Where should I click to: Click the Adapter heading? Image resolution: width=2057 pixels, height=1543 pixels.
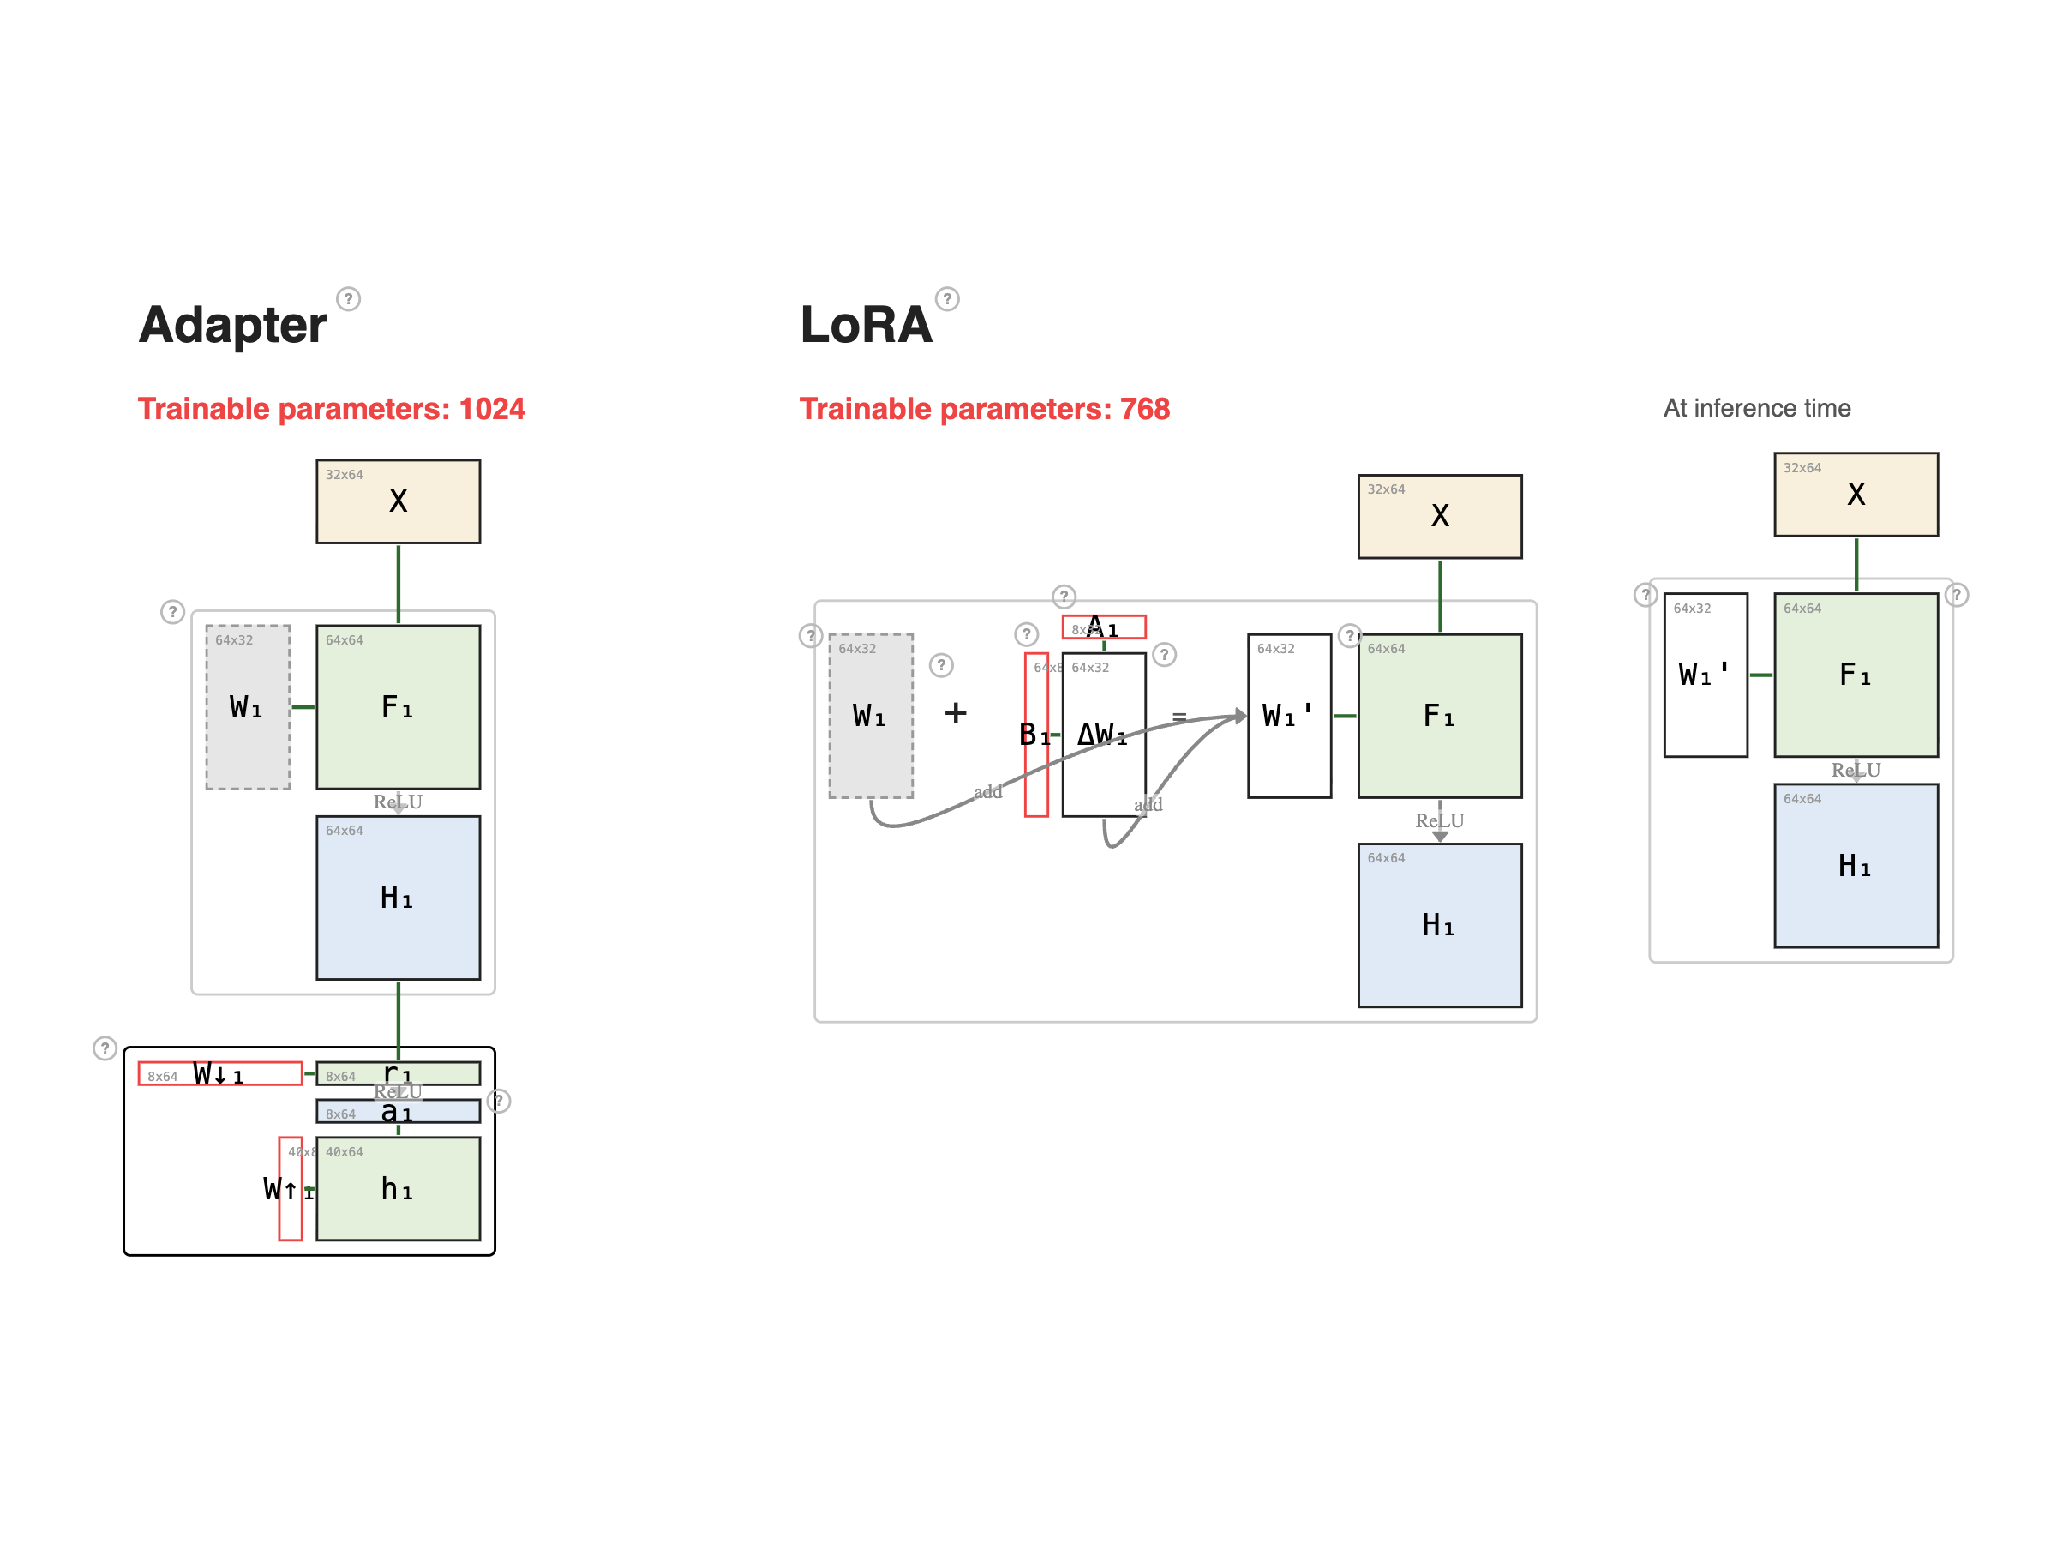(232, 325)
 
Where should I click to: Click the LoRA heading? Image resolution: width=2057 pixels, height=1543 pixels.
(865, 325)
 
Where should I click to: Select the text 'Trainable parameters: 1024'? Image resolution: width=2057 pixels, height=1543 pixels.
(331, 409)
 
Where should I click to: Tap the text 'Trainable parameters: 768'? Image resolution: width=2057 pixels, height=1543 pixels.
(984, 409)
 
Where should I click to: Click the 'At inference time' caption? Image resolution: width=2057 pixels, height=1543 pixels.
(1757, 408)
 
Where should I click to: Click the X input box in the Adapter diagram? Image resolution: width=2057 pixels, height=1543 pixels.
(398, 501)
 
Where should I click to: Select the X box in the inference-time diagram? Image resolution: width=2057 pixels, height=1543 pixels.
(1856, 495)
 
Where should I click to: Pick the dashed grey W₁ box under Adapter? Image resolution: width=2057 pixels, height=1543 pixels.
(248, 707)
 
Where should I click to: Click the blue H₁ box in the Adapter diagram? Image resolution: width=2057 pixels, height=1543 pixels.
(398, 898)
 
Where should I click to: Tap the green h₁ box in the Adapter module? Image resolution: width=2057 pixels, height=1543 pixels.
(398, 1189)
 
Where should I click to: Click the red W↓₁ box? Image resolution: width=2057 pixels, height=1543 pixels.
(220, 1074)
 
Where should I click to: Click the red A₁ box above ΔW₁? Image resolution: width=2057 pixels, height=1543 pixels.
(1104, 627)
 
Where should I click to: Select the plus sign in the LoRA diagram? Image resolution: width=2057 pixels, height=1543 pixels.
(955, 713)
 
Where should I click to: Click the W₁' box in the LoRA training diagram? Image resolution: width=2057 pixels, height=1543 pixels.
(1289, 716)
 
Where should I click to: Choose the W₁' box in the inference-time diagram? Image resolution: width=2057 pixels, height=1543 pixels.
(1705, 675)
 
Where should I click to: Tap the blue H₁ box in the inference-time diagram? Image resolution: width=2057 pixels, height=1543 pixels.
(1856, 866)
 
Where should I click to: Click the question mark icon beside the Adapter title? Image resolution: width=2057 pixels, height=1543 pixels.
(348, 298)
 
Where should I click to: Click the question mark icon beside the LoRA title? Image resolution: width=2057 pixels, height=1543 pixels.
(947, 298)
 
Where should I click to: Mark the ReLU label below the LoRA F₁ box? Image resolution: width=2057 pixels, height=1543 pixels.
(1440, 821)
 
